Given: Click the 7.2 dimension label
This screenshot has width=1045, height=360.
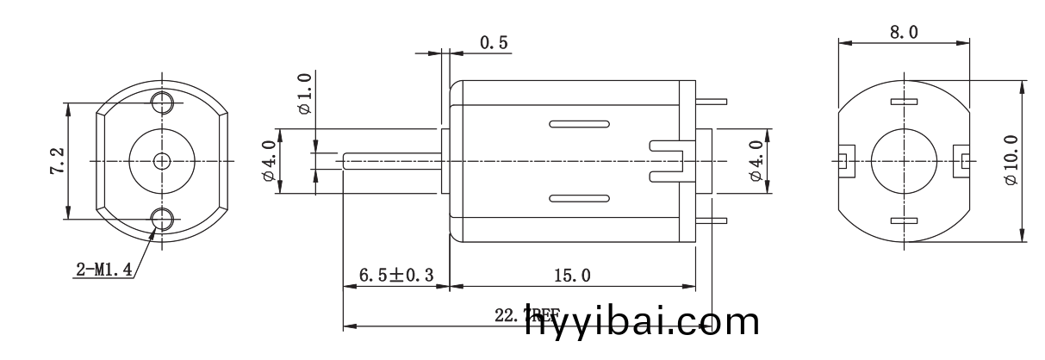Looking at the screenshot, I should pos(58,162).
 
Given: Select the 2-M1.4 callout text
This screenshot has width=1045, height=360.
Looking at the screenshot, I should pos(103,270).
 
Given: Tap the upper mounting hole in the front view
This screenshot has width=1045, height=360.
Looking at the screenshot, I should pos(161,103).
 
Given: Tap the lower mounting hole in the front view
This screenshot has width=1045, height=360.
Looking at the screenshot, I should pos(161,220).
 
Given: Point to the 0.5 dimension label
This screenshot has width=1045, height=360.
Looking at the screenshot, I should pos(494,43).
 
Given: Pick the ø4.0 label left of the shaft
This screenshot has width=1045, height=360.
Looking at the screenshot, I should pos(269,161).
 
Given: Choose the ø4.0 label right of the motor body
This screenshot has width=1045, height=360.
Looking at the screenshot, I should pos(756,161).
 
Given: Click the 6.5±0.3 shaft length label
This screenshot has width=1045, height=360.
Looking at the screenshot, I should pos(395,276).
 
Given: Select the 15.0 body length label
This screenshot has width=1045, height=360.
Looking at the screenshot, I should pos(572,276).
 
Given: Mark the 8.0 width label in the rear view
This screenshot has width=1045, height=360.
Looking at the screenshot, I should pos(903,33).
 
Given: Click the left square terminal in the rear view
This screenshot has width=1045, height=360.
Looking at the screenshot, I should pos(844,159).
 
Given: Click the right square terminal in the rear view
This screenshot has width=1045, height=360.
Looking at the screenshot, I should pos(961,159).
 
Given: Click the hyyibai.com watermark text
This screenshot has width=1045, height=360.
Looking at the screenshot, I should pos(642,323).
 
